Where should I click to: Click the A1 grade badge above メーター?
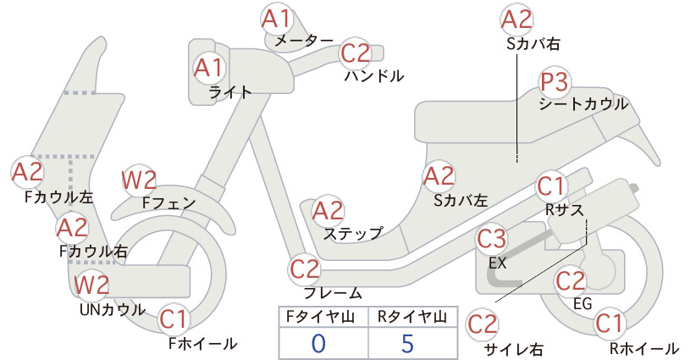point(277,19)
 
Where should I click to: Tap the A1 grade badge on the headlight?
point(209,68)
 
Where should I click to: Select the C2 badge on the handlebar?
point(356,53)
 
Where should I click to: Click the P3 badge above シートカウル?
point(555,82)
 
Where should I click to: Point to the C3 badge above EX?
point(492,239)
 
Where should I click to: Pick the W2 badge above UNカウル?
point(91,285)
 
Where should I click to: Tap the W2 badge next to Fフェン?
point(140,180)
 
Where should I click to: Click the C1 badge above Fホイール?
point(174,319)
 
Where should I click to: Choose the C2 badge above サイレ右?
point(483,324)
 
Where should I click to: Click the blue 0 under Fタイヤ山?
point(318,343)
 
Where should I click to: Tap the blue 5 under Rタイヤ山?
point(407,343)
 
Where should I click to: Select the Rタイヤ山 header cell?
point(413,317)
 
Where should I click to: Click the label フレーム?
point(333,293)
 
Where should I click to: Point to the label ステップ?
point(353,233)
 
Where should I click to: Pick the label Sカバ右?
point(533,43)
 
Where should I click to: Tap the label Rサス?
point(564,210)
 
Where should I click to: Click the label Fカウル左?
point(59,197)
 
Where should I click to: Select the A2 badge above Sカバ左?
point(439,176)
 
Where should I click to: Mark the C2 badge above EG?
point(571,280)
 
